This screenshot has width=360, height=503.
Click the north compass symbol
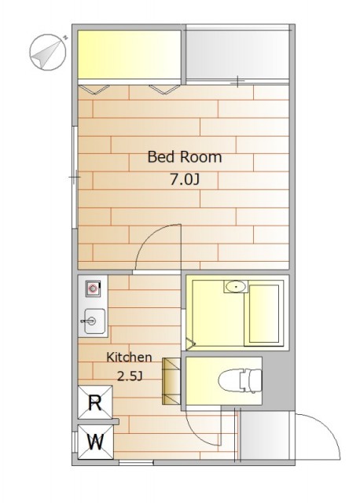48,52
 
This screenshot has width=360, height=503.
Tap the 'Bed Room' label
185,157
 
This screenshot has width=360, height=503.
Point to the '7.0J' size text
185,180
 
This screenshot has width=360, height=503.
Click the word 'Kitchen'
129,357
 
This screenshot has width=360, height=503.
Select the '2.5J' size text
130,376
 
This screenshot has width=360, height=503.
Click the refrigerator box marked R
95,402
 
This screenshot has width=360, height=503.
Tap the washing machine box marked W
96,442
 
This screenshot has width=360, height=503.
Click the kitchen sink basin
94,321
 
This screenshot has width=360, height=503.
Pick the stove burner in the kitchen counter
93,288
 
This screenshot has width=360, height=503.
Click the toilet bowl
240,380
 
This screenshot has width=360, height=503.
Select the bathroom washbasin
236,286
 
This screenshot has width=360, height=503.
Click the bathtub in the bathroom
264,314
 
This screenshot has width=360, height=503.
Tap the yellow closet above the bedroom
130,54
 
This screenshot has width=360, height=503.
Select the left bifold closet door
94,89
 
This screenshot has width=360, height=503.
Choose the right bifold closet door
164,89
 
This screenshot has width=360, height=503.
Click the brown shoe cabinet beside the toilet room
172,380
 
